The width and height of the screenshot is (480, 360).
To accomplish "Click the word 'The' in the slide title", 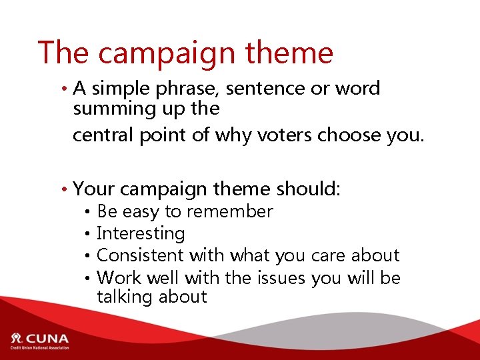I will [63, 52].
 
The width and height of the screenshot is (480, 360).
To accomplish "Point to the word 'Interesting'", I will [141, 233].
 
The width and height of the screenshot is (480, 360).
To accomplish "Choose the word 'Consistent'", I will [140, 255].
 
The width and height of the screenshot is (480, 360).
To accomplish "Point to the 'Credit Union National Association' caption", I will [39, 347].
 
